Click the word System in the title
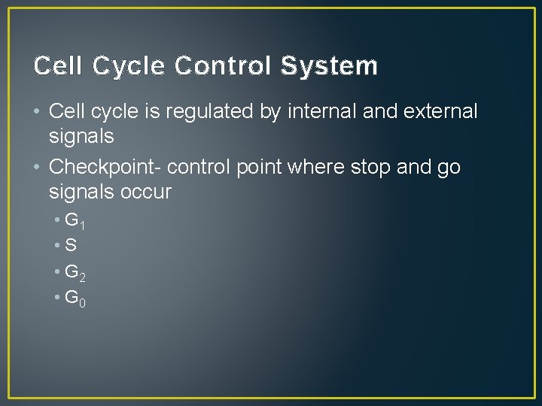329,67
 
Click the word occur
145,192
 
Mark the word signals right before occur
81,192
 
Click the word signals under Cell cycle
81,136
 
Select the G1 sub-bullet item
75,221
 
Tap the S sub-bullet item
72,245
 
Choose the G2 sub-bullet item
75,272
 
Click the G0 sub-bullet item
75,298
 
